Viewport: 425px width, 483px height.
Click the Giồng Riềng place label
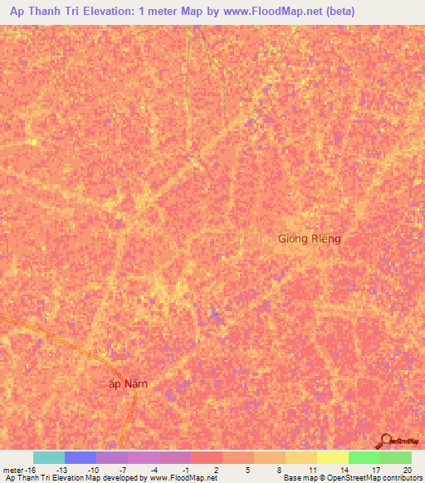click(309, 239)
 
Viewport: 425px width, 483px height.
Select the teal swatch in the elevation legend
click(48, 457)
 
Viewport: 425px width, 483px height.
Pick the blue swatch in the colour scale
click(80, 457)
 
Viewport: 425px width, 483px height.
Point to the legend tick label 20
click(406, 470)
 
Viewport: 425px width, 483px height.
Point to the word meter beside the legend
click(14, 470)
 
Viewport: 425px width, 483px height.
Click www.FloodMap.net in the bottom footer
click(182, 478)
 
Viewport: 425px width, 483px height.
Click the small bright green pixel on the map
click(228, 334)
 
